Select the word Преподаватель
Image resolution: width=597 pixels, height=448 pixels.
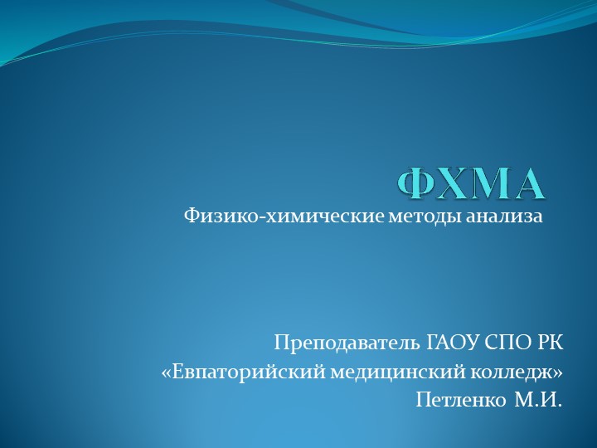click(x=348, y=342)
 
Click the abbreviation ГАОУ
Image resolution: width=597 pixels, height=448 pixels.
click(x=451, y=342)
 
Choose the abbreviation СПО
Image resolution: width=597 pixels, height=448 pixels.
click(x=505, y=342)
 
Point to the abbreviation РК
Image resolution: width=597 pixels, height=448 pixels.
click(x=548, y=342)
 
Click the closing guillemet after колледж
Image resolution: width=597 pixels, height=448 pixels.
click(x=558, y=373)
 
